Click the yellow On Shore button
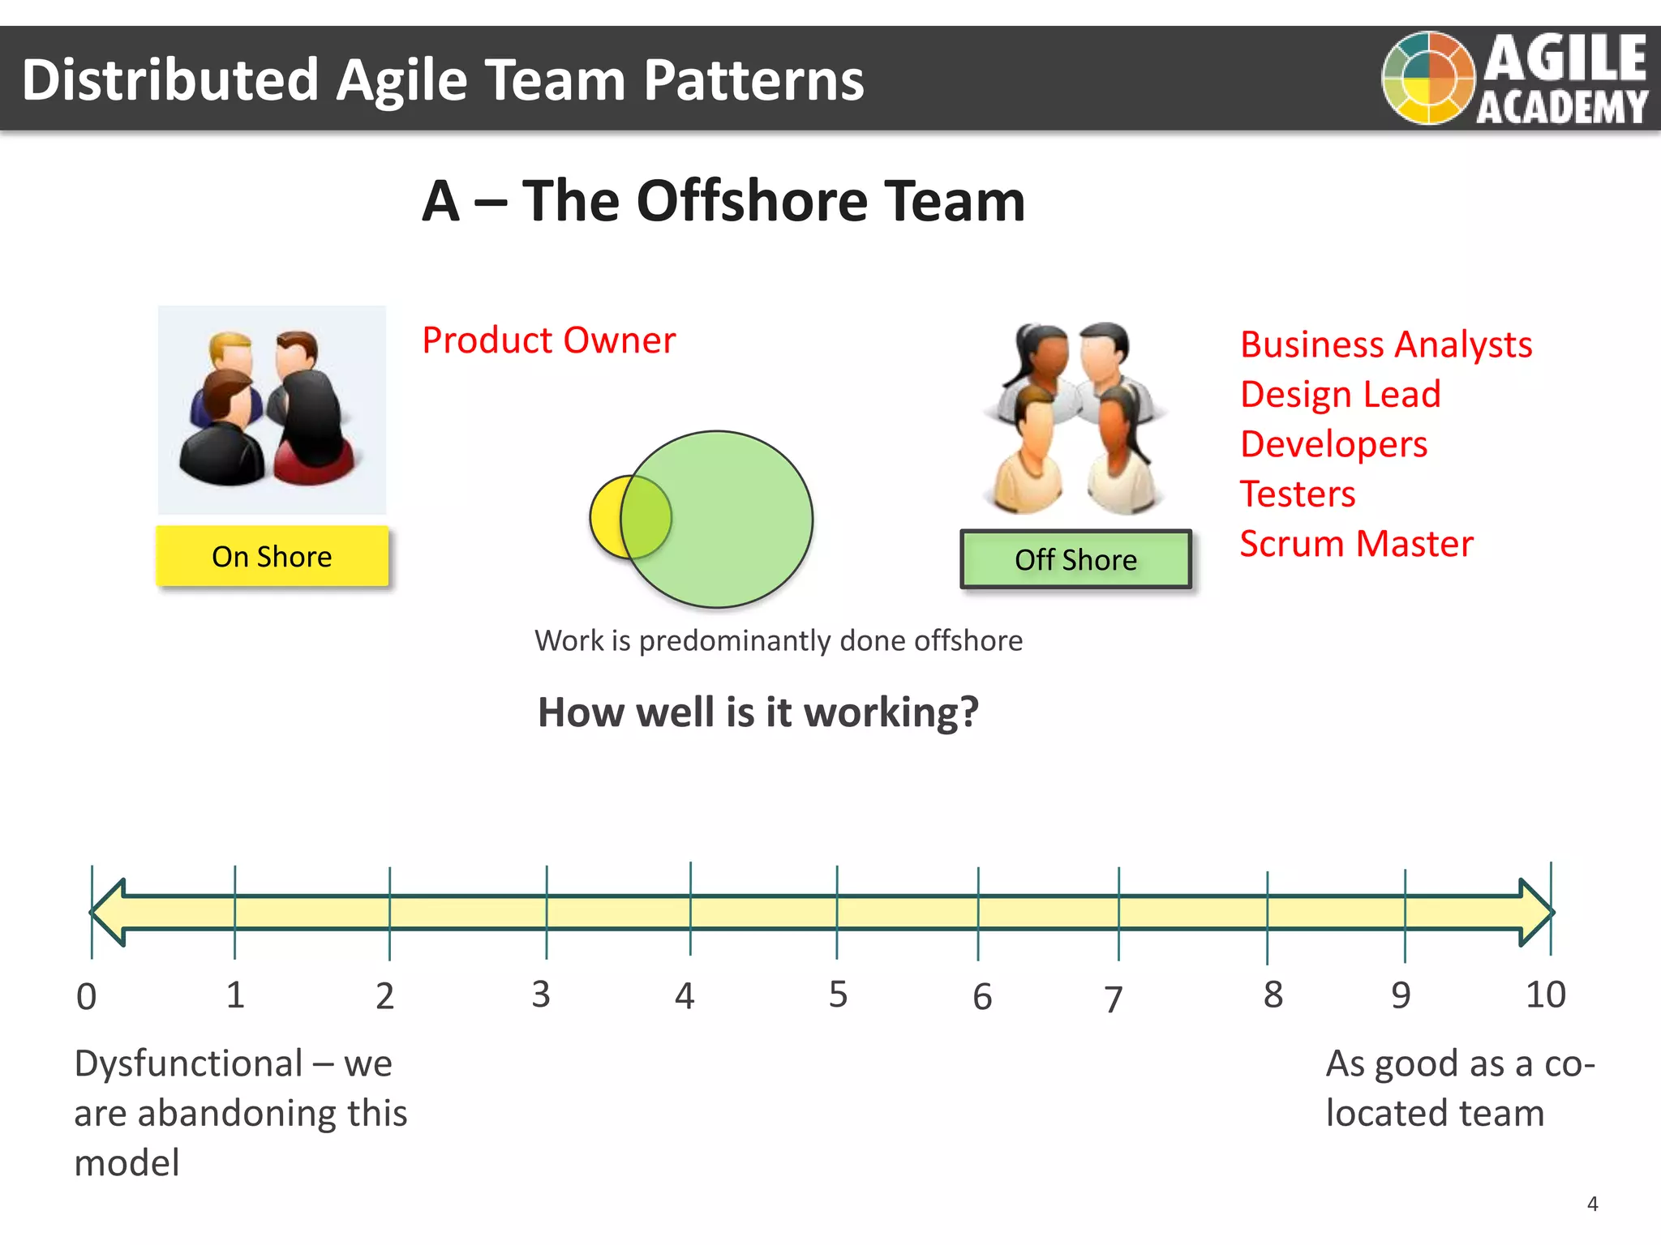click(272, 556)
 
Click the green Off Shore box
click(1075, 559)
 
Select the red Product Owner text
click(548, 340)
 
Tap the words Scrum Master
click(1356, 543)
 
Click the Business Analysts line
click(1385, 344)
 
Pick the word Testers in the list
click(1297, 494)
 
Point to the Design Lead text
click(1340, 395)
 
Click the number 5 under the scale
click(838, 995)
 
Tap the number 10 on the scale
click(1545, 995)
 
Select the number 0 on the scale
click(86, 997)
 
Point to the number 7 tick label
click(1114, 999)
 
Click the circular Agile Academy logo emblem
click(1427, 78)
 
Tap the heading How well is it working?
click(758, 712)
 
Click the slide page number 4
click(1592, 1204)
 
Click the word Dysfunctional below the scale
click(188, 1063)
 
